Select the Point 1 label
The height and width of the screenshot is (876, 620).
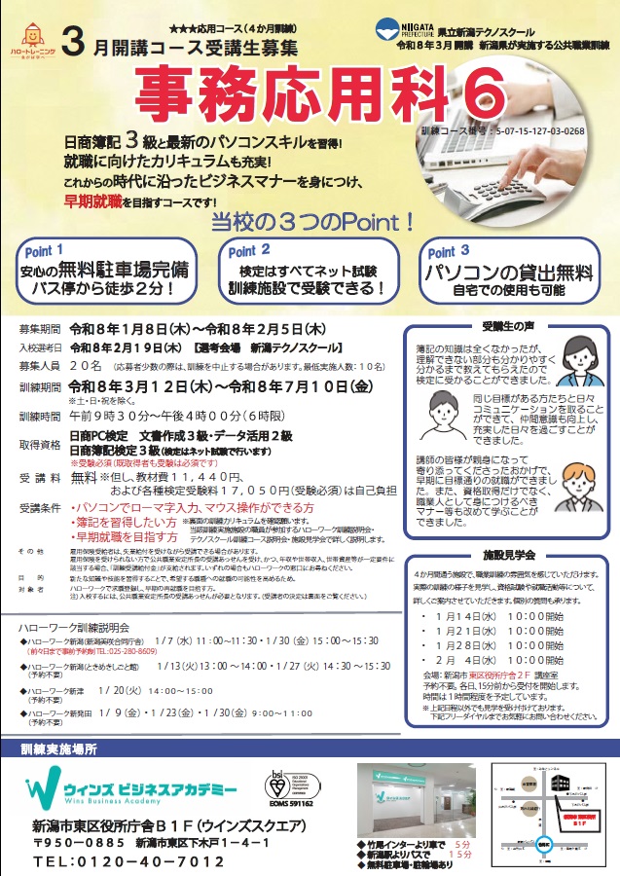(x=47, y=250)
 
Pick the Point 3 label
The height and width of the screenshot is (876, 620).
(x=451, y=251)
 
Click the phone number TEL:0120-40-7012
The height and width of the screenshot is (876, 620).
(x=114, y=862)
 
